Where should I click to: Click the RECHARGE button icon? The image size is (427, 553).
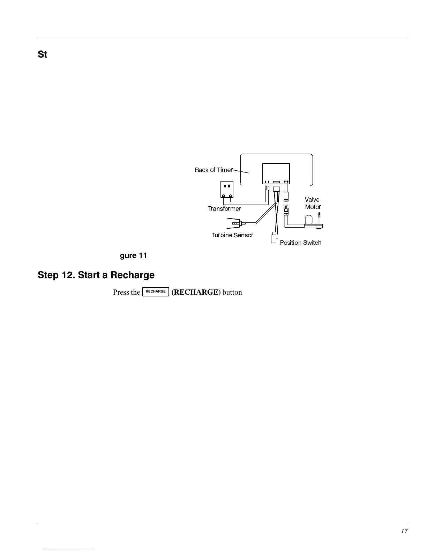pos(156,292)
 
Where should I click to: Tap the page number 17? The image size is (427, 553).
pos(404,531)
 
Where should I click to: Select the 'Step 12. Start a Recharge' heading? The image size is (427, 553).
pos(96,275)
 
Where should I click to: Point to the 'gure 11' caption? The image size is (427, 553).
pos(133,256)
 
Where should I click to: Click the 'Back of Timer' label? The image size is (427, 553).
pos(213,170)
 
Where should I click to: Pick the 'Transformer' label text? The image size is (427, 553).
pos(224,209)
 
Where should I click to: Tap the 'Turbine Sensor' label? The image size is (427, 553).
pos(232,235)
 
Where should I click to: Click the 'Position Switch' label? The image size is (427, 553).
pos(300,243)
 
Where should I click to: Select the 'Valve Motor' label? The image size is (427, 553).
pos(313,203)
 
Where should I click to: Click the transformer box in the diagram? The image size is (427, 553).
pos(227,189)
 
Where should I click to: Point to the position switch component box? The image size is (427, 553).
pos(274,239)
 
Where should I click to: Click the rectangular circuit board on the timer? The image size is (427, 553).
pos(276,173)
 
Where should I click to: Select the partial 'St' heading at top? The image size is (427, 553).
pos(43,55)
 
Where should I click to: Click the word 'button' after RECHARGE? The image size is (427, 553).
pos(232,292)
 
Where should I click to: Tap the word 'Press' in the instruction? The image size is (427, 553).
pos(121,292)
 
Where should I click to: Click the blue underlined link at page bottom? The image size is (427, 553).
pos(69,550)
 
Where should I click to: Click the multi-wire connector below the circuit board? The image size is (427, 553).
pos(277,189)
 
